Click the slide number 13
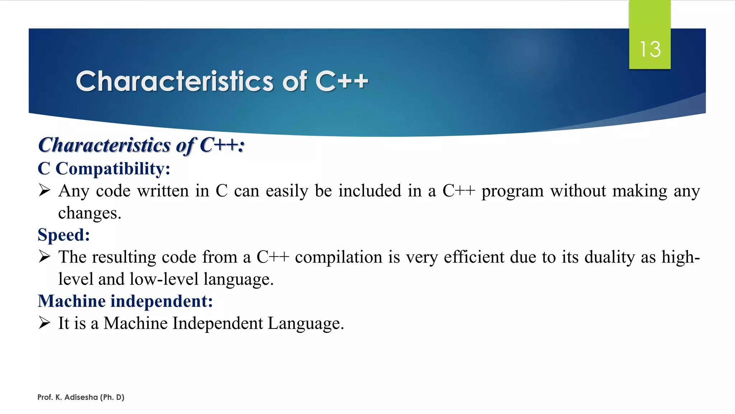(650, 49)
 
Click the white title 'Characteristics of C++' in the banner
(222, 81)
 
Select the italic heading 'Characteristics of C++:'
(141, 145)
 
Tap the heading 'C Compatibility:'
(104, 169)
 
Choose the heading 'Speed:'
(64, 235)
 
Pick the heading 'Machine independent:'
(125, 301)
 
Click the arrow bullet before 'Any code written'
(45, 190)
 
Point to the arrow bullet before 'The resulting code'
(45, 257)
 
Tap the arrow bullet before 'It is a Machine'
(45, 323)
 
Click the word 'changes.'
(90, 213)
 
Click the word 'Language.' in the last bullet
(306, 323)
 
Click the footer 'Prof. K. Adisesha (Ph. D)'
(81, 397)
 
